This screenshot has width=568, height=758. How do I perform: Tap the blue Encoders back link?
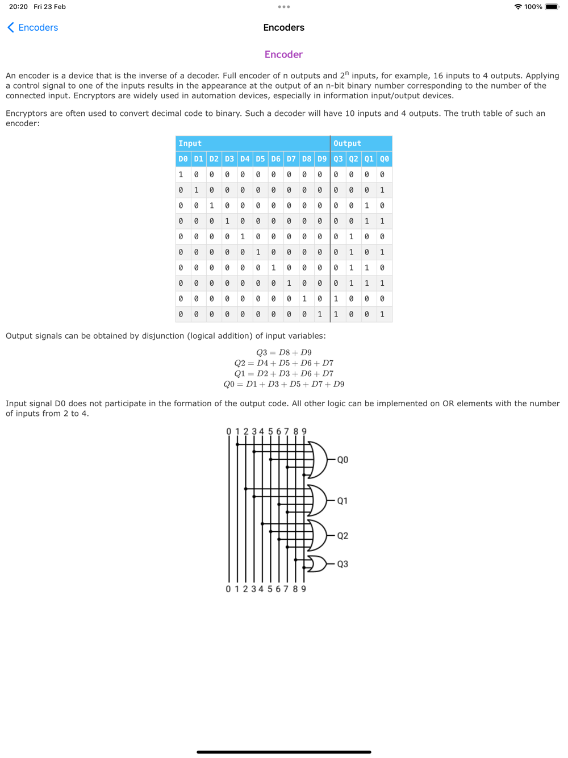(33, 27)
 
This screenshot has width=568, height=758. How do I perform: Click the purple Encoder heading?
(283, 55)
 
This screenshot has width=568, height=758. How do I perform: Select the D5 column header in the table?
(260, 159)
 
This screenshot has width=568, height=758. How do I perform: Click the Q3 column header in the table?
(338, 159)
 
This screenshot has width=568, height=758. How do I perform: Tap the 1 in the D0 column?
(181, 174)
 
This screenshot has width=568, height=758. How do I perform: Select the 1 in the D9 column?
(320, 314)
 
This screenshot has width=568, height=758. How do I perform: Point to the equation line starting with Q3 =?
(283, 352)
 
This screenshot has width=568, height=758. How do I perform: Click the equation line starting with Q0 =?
(283, 384)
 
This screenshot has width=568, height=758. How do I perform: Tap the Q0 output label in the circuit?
(343, 460)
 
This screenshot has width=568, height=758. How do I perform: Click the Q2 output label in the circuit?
(343, 536)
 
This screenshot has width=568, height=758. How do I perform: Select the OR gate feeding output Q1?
(319, 501)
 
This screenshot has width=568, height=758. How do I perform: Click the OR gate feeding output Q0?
(319, 460)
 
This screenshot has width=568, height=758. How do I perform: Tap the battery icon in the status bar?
(552, 7)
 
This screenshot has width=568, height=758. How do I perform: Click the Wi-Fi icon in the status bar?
(518, 7)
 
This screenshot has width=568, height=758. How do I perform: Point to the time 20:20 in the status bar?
(18, 7)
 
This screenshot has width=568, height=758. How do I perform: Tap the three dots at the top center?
(284, 7)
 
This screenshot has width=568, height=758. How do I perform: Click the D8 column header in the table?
(307, 159)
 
